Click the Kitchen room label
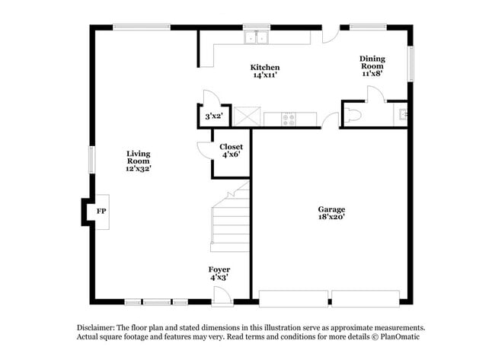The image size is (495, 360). tap(265, 68)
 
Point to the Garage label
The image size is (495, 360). tap(331, 209)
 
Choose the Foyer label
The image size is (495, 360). tap(219, 269)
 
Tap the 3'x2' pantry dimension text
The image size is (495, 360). tap(213, 116)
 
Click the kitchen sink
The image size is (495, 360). tap(257, 37)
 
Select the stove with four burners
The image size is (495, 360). tap(290, 118)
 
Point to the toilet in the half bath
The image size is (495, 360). tap(353, 115)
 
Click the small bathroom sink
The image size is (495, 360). tap(404, 115)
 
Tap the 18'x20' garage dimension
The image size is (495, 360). tap(331, 218)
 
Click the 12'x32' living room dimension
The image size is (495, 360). tap(139, 169)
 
